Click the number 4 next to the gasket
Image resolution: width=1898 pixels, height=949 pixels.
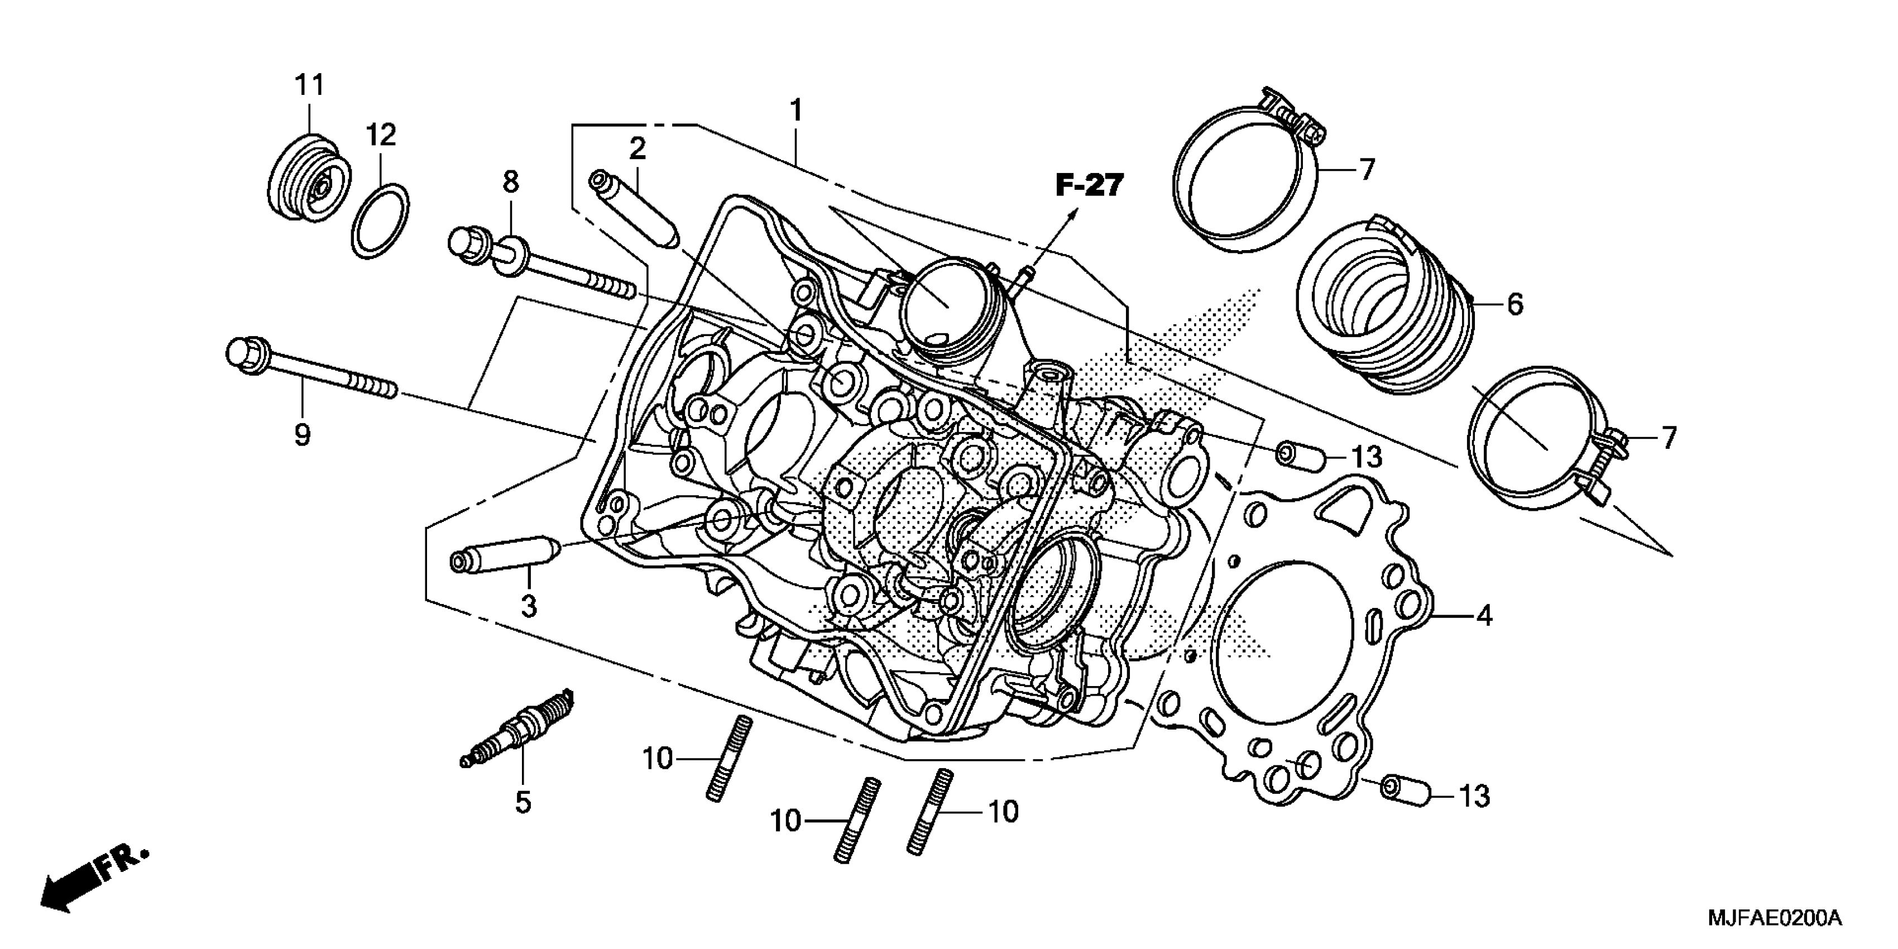coord(1484,615)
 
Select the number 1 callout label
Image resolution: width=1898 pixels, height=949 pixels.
coord(795,111)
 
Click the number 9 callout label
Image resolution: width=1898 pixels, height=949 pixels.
coord(302,435)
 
